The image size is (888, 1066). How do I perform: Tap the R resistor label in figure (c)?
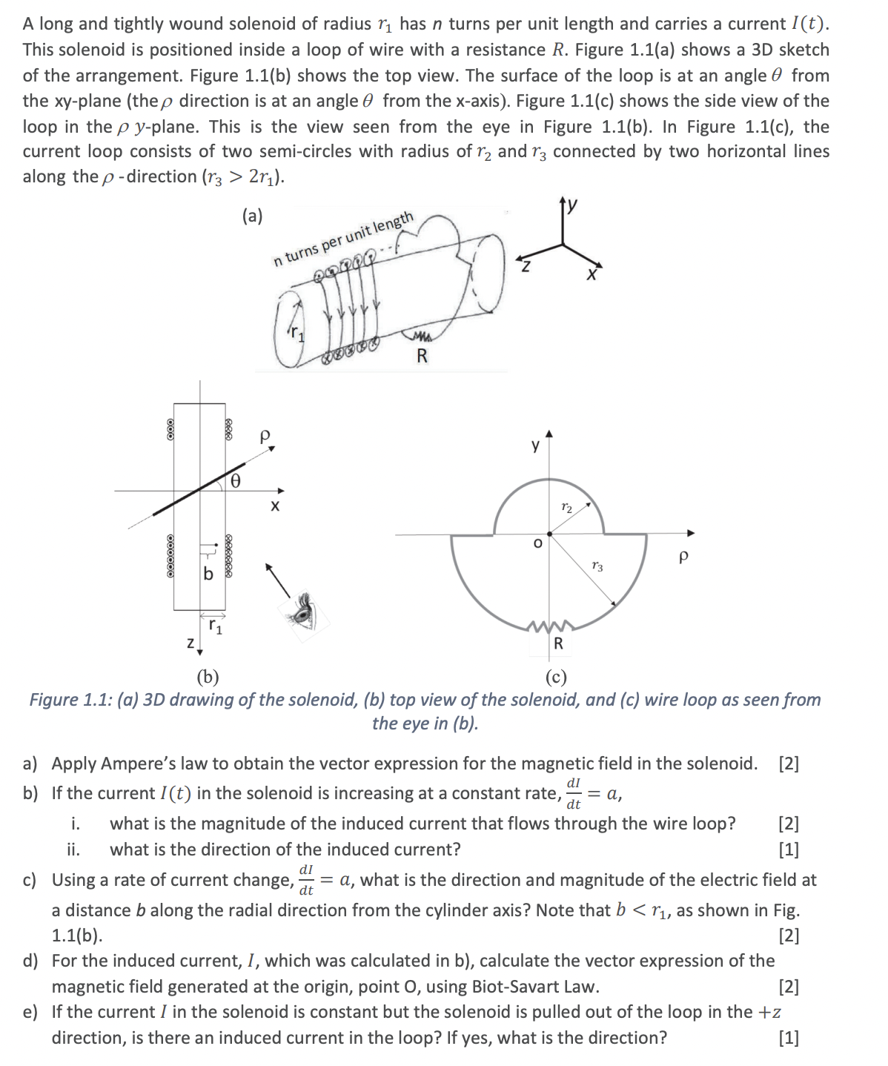pos(558,643)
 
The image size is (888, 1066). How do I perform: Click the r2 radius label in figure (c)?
pos(567,508)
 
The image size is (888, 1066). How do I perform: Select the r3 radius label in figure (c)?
pos(598,566)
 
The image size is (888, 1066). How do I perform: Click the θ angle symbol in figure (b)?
pos(235,482)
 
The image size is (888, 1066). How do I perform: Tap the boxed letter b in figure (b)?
pos(208,573)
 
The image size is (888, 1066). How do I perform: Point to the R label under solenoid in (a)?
pos(422,356)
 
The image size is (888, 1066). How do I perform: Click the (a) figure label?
pos(253,216)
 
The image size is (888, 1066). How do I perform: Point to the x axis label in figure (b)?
pos(274,506)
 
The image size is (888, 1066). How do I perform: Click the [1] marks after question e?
pos(789,1037)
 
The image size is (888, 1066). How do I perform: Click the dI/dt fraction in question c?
pos(306,879)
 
